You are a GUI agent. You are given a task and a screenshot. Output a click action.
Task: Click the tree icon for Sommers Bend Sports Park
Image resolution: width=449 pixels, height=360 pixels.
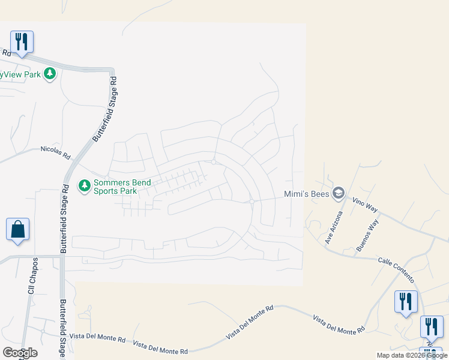click(85, 185)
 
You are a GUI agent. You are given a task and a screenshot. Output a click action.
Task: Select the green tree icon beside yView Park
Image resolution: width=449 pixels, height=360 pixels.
click(50, 74)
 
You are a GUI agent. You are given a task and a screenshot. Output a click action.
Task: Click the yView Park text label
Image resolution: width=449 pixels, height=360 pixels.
click(20, 74)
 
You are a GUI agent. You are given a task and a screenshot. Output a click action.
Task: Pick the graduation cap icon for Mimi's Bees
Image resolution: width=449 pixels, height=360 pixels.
click(339, 193)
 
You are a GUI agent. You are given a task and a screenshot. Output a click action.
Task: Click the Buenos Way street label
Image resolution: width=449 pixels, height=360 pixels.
click(367, 235)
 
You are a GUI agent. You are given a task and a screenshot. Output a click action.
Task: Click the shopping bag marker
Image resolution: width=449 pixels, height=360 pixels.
click(17, 230)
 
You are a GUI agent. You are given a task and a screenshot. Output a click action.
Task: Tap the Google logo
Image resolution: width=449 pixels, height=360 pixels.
click(20, 353)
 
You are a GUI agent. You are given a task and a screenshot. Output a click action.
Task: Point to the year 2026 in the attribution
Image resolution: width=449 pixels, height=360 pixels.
click(410, 355)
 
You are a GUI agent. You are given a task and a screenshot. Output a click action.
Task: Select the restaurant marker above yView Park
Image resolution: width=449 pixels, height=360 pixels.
click(22, 41)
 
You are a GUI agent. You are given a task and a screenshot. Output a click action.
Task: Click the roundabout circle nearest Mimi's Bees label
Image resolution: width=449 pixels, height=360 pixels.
click(252, 201)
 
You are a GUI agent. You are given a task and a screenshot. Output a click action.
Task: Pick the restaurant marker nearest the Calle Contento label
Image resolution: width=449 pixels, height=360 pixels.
click(406, 302)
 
